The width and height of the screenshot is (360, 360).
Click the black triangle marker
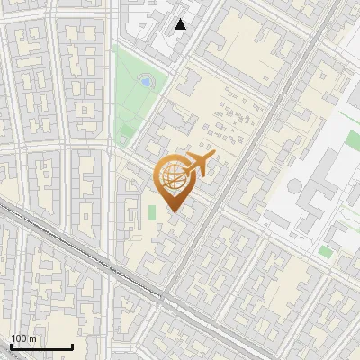click(x=181, y=24)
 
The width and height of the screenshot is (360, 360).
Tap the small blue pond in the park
click(x=145, y=82)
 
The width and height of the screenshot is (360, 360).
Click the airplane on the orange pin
click(x=197, y=165)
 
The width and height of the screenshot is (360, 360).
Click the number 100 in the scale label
click(x=20, y=338)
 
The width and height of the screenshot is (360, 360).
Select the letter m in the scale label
click(x=32, y=338)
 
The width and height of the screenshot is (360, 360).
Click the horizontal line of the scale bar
click(x=40, y=346)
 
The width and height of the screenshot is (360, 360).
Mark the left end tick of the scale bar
click(x=10, y=345)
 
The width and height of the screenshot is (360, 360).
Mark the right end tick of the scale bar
click(x=72, y=345)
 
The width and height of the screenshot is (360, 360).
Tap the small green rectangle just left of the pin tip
click(x=151, y=212)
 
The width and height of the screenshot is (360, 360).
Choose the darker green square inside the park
click(x=145, y=81)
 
